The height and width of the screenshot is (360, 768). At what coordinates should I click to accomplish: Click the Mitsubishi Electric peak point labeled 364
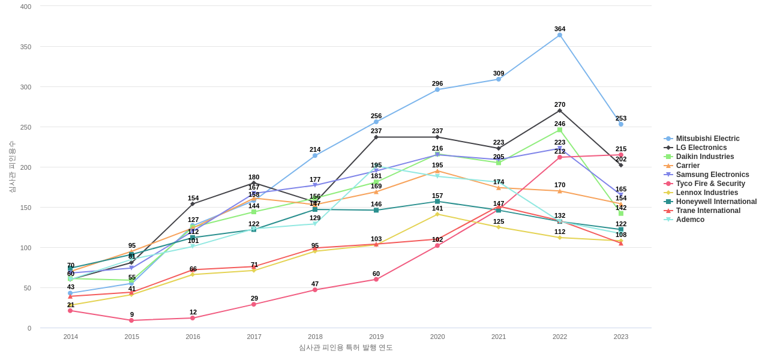tap(560, 35)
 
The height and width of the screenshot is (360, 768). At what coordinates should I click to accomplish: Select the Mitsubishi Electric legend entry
tap(707, 139)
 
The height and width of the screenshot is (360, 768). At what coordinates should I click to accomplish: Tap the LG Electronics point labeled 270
tap(560, 110)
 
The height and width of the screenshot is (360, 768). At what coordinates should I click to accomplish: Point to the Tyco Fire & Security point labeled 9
tap(131, 320)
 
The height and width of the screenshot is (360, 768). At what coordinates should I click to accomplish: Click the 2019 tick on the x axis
tap(376, 337)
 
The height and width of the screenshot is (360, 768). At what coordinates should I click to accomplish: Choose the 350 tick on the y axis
tap(26, 47)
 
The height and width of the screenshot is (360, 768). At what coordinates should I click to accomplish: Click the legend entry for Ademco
tap(690, 220)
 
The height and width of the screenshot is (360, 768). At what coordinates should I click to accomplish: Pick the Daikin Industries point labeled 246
tap(560, 130)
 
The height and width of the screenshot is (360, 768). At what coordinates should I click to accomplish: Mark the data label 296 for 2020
tap(437, 83)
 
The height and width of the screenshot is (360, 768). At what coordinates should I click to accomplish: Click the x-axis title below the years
tap(346, 347)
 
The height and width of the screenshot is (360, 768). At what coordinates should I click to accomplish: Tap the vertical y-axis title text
tap(12, 167)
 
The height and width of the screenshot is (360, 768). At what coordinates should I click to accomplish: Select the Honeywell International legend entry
tap(716, 202)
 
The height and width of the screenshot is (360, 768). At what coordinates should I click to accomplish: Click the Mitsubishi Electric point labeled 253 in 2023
tap(621, 124)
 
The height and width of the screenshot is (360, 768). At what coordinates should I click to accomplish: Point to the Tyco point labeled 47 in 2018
tap(315, 290)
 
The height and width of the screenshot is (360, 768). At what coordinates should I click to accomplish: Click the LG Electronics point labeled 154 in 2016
tap(193, 204)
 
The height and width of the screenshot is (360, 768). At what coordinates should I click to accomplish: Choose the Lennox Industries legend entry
tap(707, 193)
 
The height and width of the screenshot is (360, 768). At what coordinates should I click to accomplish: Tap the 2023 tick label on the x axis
tap(621, 337)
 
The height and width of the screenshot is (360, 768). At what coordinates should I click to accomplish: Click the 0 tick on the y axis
tap(29, 328)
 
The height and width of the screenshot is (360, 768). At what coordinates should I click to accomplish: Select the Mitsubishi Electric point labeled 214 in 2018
tap(315, 155)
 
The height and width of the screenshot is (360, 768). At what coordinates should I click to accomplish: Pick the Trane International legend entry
tap(708, 211)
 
